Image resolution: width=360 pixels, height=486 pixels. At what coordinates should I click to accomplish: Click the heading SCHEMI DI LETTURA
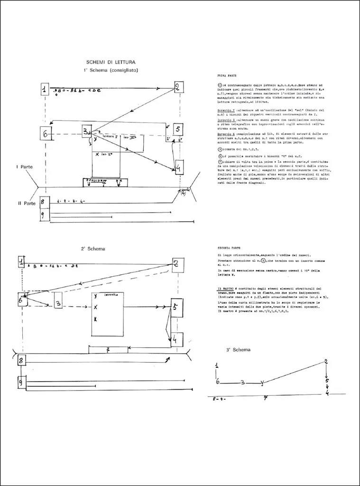click(x=111, y=62)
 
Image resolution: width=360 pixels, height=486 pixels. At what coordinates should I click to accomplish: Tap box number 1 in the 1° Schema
click(x=45, y=89)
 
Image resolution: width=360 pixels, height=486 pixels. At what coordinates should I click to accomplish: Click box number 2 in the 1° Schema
click(x=178, y=87)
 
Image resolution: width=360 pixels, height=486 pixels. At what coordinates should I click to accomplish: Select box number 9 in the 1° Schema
click(x=44, y=215)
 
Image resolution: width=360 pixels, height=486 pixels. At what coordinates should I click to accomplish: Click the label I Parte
click(x=24, y=167)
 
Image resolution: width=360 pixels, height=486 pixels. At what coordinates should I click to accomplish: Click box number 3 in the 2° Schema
click(x=58, y=303)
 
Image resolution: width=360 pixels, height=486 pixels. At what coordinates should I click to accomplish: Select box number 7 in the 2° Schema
click(x=108, y=350)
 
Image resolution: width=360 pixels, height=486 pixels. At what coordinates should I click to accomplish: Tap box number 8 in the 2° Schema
click(x=21, y=360)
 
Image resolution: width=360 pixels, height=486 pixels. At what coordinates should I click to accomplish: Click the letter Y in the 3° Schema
click(x=263, y=383)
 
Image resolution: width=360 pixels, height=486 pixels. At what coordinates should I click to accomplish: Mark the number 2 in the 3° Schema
click(x=326, y=362)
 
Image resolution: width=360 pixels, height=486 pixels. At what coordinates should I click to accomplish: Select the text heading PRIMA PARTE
click(x=227, y=75)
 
